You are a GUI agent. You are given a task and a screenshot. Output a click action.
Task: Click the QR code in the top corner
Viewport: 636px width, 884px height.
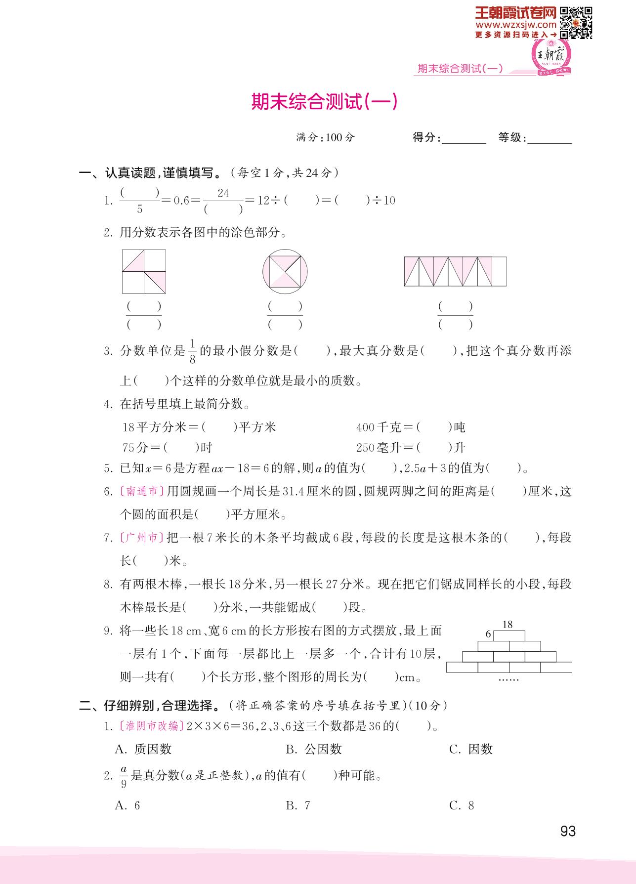(x=576, y=22)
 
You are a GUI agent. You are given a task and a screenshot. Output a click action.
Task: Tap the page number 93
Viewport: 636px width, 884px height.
(x=568, y=831)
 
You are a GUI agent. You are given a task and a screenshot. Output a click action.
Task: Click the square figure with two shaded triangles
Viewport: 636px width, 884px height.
(x=144, y=271)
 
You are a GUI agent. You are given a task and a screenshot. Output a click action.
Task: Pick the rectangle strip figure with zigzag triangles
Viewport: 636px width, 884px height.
(x=455, y=271)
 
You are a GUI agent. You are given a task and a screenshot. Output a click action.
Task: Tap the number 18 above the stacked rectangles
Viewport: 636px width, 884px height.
(x=508, y=625)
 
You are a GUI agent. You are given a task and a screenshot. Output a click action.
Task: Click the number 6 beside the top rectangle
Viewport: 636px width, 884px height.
(x=488, y=634)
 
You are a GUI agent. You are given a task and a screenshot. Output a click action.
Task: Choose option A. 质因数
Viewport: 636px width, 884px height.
(x=143, y=749)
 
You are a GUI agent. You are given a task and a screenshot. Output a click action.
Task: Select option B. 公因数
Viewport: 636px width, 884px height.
(x=314, y=749)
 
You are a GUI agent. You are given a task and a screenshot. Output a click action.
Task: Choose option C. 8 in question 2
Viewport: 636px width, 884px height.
(x=462, y=805)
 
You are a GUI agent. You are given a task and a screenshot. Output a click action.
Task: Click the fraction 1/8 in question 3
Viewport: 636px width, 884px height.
(x=193, y=351)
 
